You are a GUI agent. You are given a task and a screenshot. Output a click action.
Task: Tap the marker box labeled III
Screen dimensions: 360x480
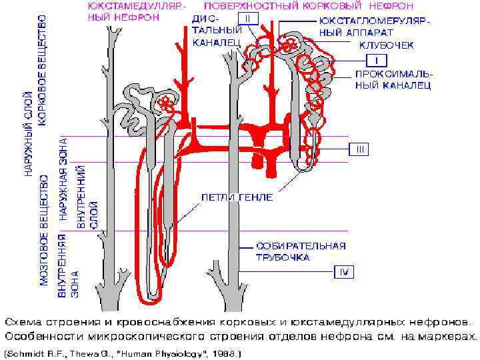358,149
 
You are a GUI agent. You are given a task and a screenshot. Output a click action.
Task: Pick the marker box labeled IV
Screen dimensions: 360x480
344,272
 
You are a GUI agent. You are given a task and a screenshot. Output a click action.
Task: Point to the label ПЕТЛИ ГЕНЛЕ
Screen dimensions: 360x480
237,198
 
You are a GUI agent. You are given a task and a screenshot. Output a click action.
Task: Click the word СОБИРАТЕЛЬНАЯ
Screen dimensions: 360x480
301,246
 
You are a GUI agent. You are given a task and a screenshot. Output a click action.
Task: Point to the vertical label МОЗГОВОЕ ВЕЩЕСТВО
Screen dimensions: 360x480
44,230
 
